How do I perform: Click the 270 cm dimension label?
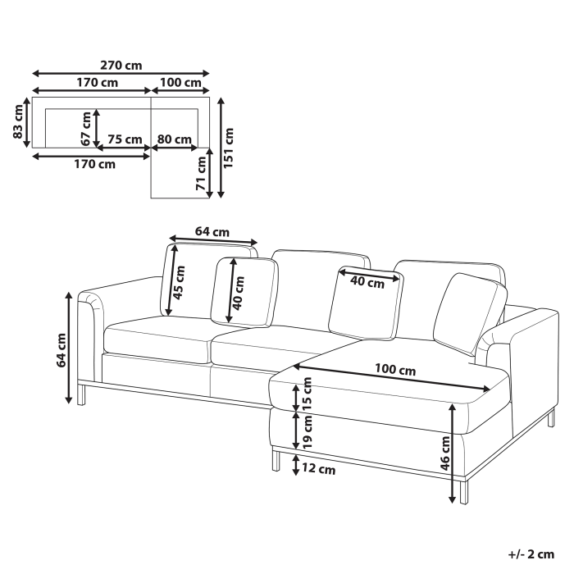(122, 64)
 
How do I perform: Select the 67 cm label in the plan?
(86, 129)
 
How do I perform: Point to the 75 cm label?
(125, 139)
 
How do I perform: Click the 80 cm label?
(174, 139)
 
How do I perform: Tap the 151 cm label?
(230, 146)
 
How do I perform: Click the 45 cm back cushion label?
(180, 281)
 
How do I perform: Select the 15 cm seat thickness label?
(308, 394)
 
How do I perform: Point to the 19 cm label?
(308, 430)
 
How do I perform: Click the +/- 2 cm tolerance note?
(531, 555)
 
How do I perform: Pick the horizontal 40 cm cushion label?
(367, 283)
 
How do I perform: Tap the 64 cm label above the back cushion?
(212, 232)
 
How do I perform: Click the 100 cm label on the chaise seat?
(395, 370)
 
